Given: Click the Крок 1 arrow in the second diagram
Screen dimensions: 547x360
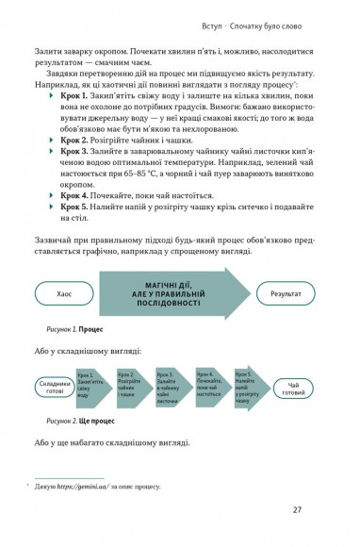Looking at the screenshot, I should pyautogui.click(x=103, y=385).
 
